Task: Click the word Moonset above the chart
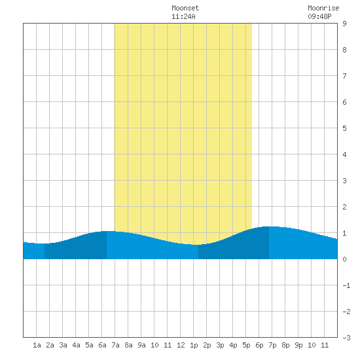pyautogui.click(x=185, y=8)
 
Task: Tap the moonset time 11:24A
pyautogui.click(x=183, y=16)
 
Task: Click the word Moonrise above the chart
pyautogui.click(x=323, y=8)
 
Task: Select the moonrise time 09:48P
pyautogui.click(x=319, y=16)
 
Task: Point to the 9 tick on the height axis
pyautogui.click(x=344, y=24)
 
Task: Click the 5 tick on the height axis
pyautogui.click(x=344, y=128)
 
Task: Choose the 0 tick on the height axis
pyautogui.click(x=344, y=259)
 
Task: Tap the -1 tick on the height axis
pyautogui.click(x=346, y=285)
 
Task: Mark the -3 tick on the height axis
pyautogui.click(x=346, y=338)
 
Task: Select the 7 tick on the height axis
pyautogui.click(x=344, y=76)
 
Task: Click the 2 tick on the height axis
pyautogui.click(x=344, y=207)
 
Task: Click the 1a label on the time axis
pyautogui.click(x=37, y=345)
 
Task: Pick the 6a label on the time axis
pyautogui.click(x=102, y=345)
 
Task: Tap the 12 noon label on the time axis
pyautogui.click(x=181, y=345)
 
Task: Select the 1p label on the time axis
pyautogui.click(x=194, y=345)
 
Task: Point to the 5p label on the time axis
pyautogui.click(x=246, y=345)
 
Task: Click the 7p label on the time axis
pyautogui.click(x=272, y=345)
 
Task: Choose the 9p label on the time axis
pyautogui.click(x=298, y=345)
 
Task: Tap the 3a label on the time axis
pyautogui.click(x=63, y=345)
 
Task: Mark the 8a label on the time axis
pyautogui.click(x=128, y=345)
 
